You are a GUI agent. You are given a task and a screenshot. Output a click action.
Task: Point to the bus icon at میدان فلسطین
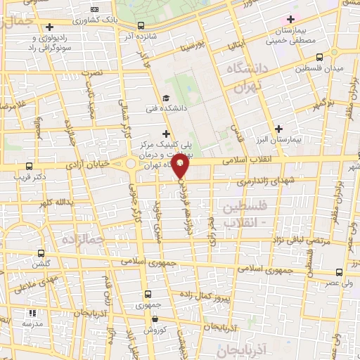pyautogui.click(x=319, y=58)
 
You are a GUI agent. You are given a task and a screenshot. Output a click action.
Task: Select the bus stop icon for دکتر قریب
pyautogui.click(x=28, y=167)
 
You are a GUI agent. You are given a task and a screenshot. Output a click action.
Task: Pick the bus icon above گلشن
pyautogui.click(x=41, y=253)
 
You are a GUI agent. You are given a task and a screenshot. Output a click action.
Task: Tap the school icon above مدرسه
pyautogui.click(x=31, y=313)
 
